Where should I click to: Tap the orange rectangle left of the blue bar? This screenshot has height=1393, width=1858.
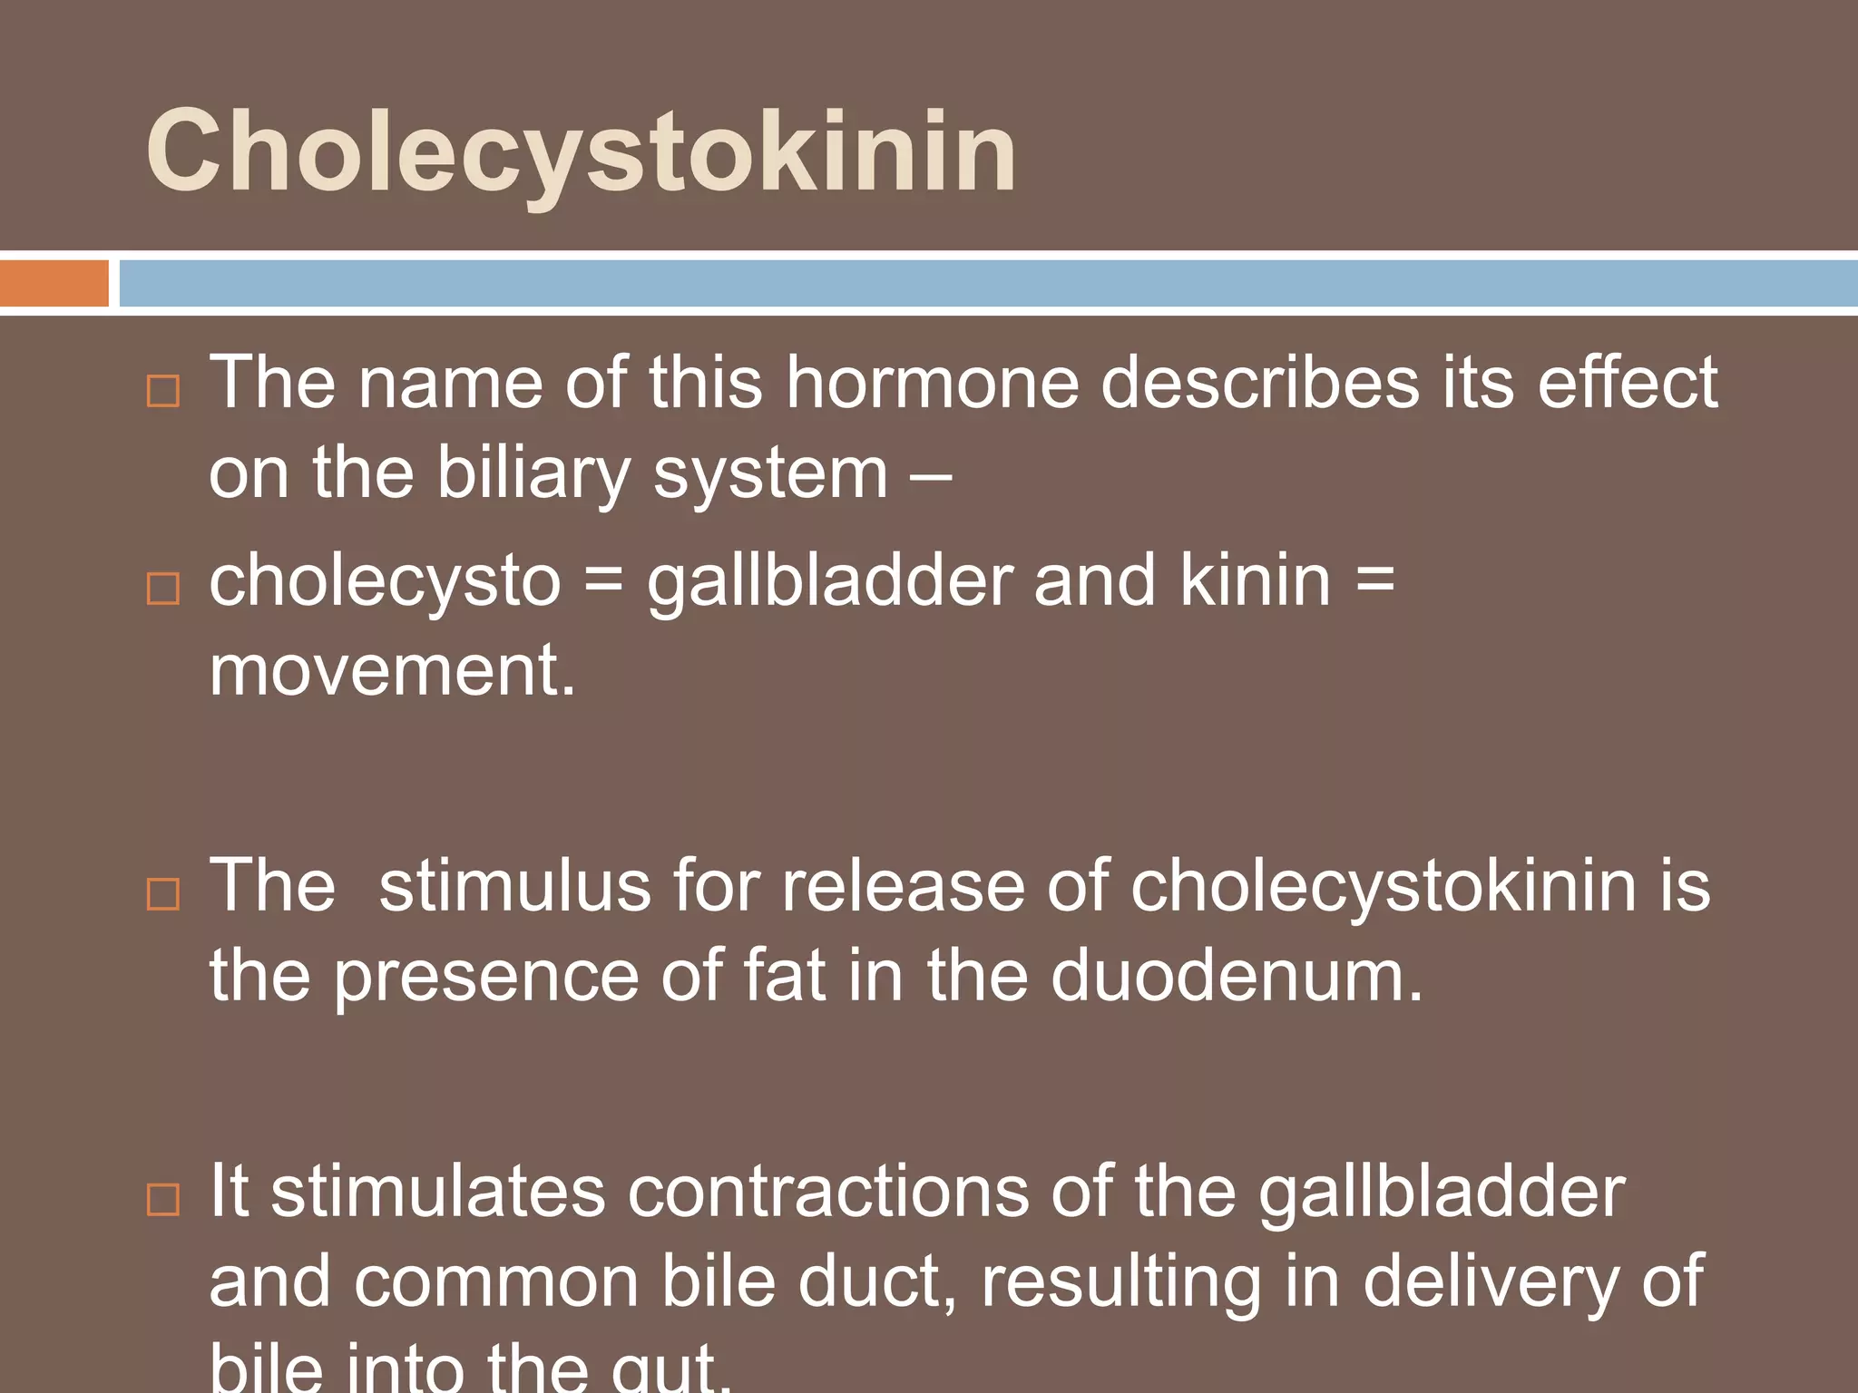pyautogui.click(x=54, y=283)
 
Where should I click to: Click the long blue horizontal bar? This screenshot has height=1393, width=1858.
pyautogui.click(x=987, y=283)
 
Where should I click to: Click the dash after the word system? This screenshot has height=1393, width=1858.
pyautogui.click(x=931, y=473)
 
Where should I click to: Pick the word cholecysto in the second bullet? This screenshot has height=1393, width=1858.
pyautogui.click(x=385, y=581)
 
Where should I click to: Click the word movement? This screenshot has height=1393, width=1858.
pyautogui.click(x=392, y=671)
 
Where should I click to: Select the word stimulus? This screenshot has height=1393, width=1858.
pyautogui.click(x=514, y=886)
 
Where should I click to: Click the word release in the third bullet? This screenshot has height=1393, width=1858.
pyautogui.click(x=903, y=886)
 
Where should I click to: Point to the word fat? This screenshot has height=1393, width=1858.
pyautogui.click(x=785, y=976)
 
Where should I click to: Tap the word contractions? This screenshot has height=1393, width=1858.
pyautogui.click(x=828, y=1192)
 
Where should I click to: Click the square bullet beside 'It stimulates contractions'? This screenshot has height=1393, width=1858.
pyautogui.click(x=163, y=1199)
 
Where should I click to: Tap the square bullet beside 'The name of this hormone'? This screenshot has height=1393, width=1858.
pyautogui.click(x=163, y=391)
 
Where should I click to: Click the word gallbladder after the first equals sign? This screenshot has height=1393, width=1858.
pyautogui.click(x=830, y=581)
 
